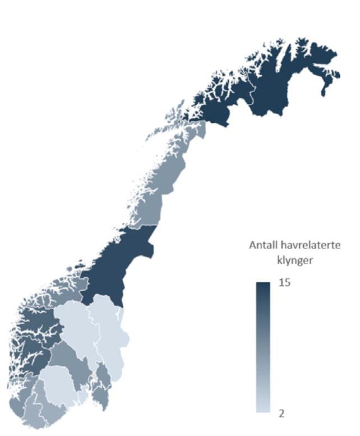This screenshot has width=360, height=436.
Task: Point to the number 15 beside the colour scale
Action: coord(284,283)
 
